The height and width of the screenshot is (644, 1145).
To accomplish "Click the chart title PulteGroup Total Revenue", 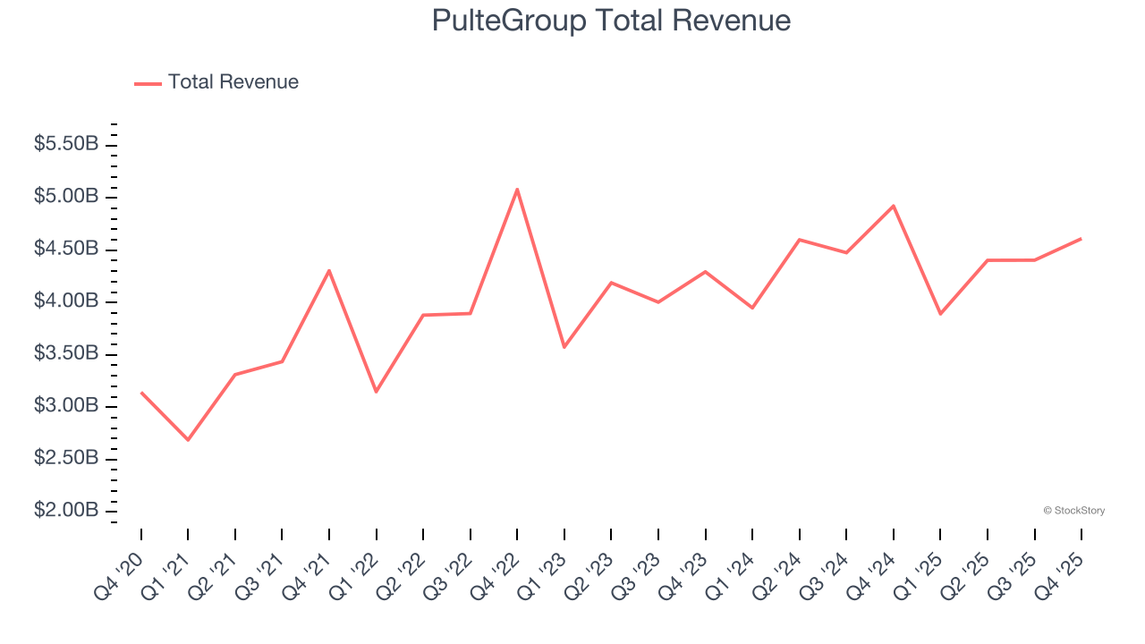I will (x=611, y=21).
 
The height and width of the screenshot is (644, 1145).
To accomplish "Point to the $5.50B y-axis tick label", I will (x=66, y=144).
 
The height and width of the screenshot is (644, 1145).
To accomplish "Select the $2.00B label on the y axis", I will (x=66, y=511).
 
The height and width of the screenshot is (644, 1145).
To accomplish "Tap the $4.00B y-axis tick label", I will (x=66, y=301).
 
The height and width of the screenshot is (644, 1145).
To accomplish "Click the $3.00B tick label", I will (x=66, y=406).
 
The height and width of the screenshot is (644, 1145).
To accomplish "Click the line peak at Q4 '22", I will (x=517, y=189).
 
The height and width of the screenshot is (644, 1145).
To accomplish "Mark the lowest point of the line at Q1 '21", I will (x=188, y=440).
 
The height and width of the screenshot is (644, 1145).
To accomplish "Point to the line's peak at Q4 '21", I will (x=329, y=270).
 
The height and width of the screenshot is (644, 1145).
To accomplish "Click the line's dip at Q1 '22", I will (x=376, y=392).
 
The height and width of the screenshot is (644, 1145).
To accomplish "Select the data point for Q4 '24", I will (x=893, y=206).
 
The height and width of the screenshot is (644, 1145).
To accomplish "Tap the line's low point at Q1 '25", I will (x=940, y=314).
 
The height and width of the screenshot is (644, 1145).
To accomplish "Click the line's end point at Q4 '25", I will (x=1081, y=239).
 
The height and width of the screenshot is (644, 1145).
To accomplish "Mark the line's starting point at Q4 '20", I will (x=141, y=392).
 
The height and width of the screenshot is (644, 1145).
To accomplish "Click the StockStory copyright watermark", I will (x=1073, y=511).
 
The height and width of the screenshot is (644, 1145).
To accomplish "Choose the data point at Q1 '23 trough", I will (x=564, y=347).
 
